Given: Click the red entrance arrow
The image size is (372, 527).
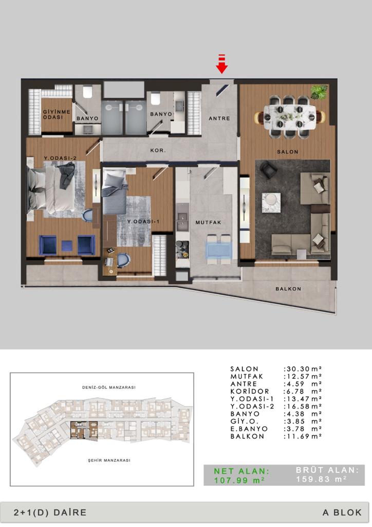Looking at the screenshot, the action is pyautogui.click(x=221, y=63).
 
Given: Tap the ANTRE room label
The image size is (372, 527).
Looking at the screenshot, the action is pyautogui.click(x=219, y=118).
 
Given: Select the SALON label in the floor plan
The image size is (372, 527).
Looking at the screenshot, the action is pyautogui.click(x=287, y=152).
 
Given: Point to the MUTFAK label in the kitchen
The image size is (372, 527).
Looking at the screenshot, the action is pyautogui.click(x=208, y=222).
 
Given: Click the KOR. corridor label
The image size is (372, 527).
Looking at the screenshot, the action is pyautogui.click(x=158, y=151).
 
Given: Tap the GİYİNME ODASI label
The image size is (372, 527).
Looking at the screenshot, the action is pyautogui.click(x=57, y=114).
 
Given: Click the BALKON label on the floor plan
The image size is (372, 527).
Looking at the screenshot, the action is pyautogui.click(x=288, y=289).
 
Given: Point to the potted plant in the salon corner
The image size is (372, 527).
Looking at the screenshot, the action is pyautogui.click(x=319, y=92).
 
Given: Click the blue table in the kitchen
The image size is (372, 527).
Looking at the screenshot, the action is pyautogui.click(x=219, y=250).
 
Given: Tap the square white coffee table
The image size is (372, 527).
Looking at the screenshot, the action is pyautogui.click(x=271, y=203).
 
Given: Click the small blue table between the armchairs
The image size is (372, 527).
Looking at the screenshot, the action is pyautogui.click(x=66, y=245).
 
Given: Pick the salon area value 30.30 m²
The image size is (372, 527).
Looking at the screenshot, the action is pyautogui.click(x=303, y=369).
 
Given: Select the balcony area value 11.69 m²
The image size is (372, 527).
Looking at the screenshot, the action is pyautogui.click(x=303, y=436).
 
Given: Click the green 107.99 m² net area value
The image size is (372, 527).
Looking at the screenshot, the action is pyautogui.click(x=239, y=480).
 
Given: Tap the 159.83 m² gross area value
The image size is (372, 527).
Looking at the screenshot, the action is pyautogui.click(x=321, y=479).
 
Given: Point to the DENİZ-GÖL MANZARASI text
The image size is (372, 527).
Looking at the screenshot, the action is pyautogui.click(x=109, y=387).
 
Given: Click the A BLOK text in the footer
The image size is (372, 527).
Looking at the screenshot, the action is pyautogui.click(x=342, y=512).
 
